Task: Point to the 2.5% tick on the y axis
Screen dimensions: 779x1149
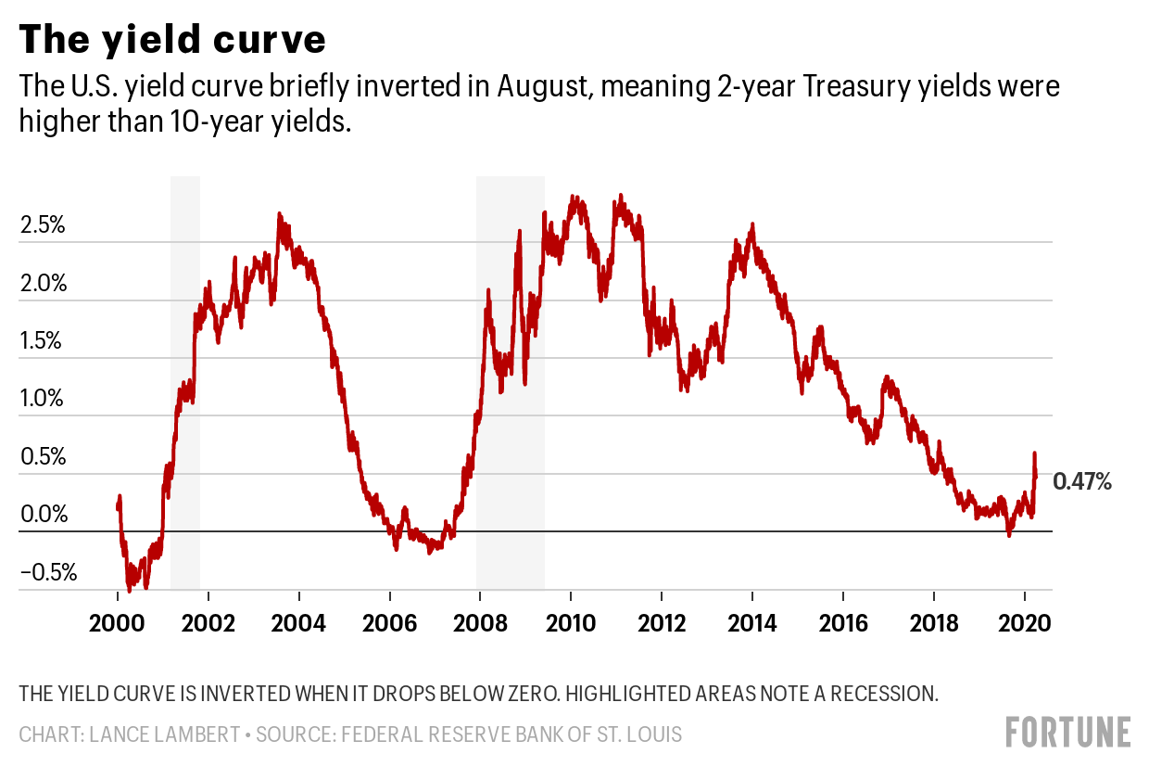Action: pos(44,225)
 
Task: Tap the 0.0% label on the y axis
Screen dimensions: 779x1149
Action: pos(44,515)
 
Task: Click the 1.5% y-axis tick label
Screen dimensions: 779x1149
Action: pos(44,341)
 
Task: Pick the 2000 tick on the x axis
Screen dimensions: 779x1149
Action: pos(118,621)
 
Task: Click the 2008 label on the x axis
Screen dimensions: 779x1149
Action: pos(480,621)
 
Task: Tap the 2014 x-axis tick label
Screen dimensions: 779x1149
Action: pos(751,621)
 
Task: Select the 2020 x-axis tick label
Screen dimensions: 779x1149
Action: pos(1024,621)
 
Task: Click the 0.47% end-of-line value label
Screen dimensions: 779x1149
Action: pos(1082,481)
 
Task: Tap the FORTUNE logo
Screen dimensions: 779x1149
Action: pos(1067,732)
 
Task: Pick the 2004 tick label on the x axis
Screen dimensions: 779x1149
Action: pos(299,621)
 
